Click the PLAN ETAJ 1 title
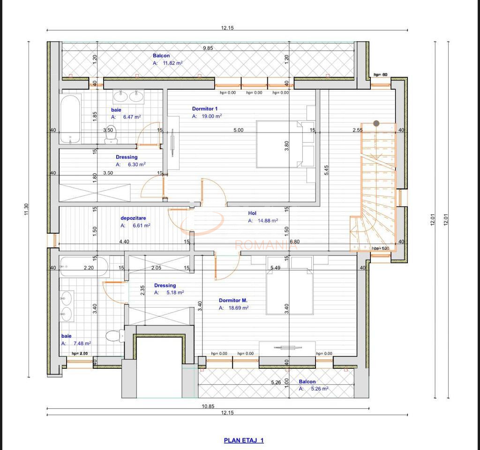[244, 440]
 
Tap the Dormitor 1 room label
[205, 108]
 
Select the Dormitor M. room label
[233, 300]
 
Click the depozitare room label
[133, 218]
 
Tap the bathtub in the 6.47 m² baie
[70, 119]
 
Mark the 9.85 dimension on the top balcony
[208, 48]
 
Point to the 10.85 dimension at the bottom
[208, 406]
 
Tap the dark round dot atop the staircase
[376, 123]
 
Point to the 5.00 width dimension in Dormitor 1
[238, 130]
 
